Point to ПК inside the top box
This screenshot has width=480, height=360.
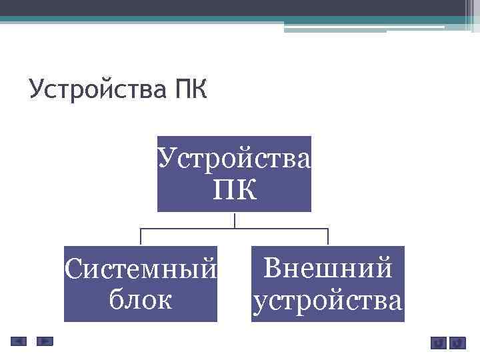pos(234,191)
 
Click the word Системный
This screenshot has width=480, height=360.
pos(141,271)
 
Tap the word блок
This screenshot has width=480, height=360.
pos(141,300)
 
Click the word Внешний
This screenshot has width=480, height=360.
pos(327,269)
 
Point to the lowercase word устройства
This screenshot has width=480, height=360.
pos(327,300)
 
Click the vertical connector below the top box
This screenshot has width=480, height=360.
pos(234,220)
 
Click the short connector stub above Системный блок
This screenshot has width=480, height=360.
pos(141,237)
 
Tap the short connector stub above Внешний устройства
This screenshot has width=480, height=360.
pos(328,237)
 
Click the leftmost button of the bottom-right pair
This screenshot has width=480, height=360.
pos(437,343)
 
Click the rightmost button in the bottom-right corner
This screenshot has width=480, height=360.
pos(457,343)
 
